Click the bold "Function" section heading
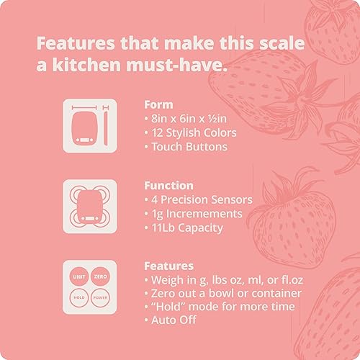[168, 185]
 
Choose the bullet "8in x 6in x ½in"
[186, 118]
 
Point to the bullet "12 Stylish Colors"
[189, 132]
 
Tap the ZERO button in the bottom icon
[99, 276]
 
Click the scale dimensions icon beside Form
[89, 125]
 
